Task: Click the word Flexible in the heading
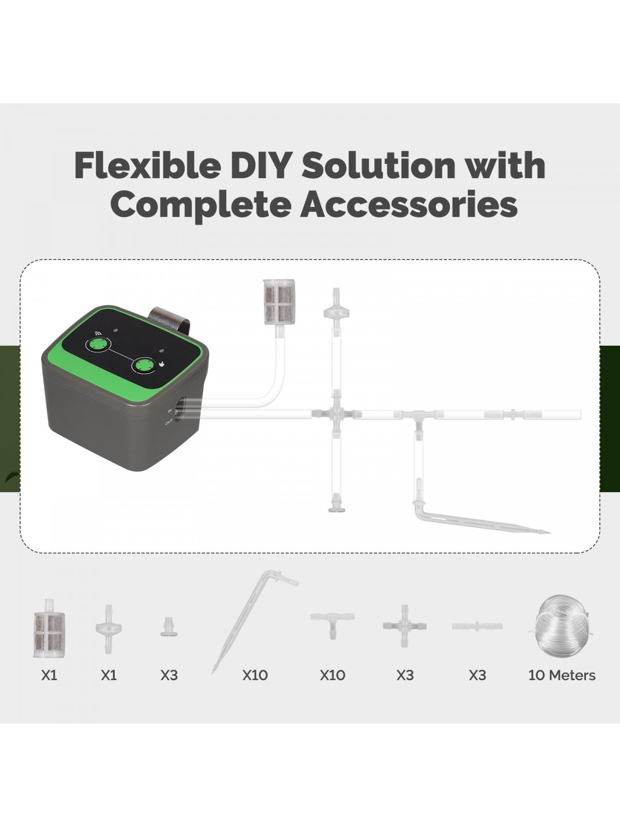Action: coord(147,165)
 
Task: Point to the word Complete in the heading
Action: coord(200,206)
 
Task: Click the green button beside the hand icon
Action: coord(143,365)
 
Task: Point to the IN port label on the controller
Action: coord(170,410)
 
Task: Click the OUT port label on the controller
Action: coord(168,422)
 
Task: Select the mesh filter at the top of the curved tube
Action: coord(279,302)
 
